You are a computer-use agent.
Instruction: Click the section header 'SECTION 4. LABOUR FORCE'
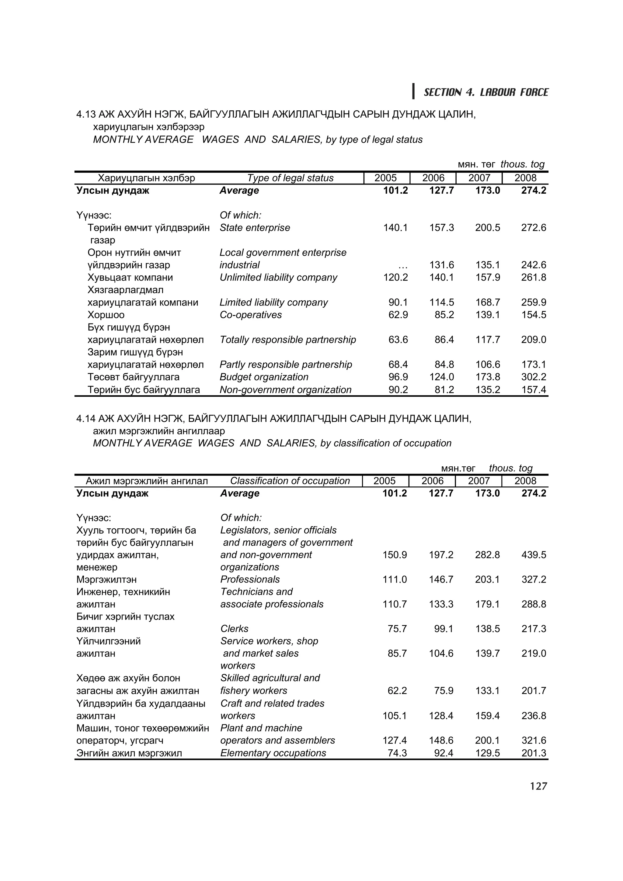(486, 92)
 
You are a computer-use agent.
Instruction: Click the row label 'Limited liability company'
(274, 302)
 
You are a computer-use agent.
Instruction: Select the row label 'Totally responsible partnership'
(287, 340)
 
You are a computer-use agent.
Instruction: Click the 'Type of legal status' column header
(290, 178)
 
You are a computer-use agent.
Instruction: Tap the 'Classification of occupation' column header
(290, 481)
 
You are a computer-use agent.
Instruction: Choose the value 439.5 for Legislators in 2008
(533, 555)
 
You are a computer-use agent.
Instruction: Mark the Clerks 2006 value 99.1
(443, 629)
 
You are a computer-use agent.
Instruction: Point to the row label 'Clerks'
(234, 629)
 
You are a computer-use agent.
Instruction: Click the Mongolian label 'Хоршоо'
(106, 315)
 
